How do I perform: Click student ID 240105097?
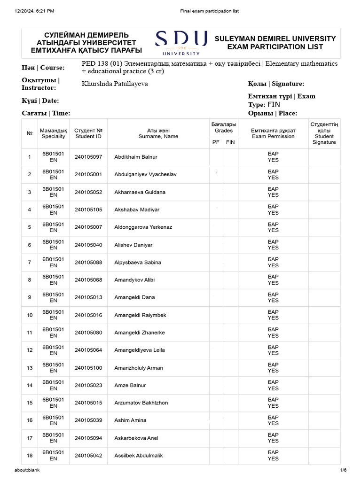pyautogui.click(x=88, y=157)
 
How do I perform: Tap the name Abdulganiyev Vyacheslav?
pyautogui.click(x=139, y=174)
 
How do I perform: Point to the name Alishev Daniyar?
pyautogui.click(x=133, y=245)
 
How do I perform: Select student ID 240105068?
pyautogui.click(x=88, y=280)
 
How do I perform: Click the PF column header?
pyautogui.click(x=216, y=142)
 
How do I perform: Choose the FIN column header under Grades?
pyautogui.click(x=230, y=142)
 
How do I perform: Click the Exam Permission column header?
pyautogui.click(x=273, y=133)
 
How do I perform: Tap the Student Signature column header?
pyautogui.click(x=324, y=133)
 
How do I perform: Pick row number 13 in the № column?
pyautogui.click(x=30, y=368)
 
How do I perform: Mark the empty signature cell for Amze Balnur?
pyautogui.click(x=324, y=385)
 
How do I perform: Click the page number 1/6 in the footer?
pyautogui.click(x=343, y=470)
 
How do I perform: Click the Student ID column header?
pyautogui.click(x=88, y=133)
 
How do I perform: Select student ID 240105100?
pyautogui.click(x=88, y=368)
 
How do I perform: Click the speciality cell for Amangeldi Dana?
pyautogui.click(x=53, y=297)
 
